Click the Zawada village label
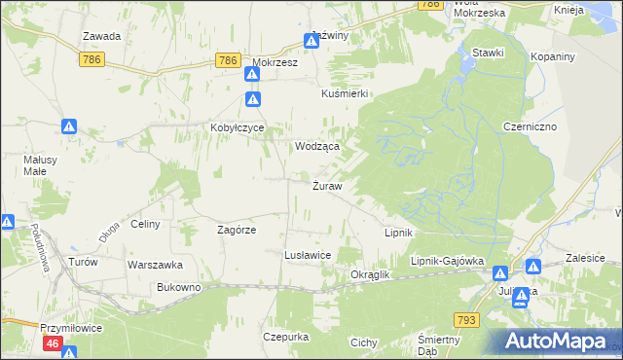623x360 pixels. point(101,36)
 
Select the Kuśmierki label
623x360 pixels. point(344,93)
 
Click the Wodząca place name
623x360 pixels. point(317,146)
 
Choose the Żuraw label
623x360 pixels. point(326,186)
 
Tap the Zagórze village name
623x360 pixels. point(236,231)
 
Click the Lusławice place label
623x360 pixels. point(308,255)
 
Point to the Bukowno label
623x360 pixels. point(178,288)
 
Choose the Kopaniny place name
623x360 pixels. point(553,56)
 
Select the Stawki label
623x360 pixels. point(487,53)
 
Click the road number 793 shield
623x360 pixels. point(467,319)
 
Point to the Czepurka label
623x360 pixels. point(285,337)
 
